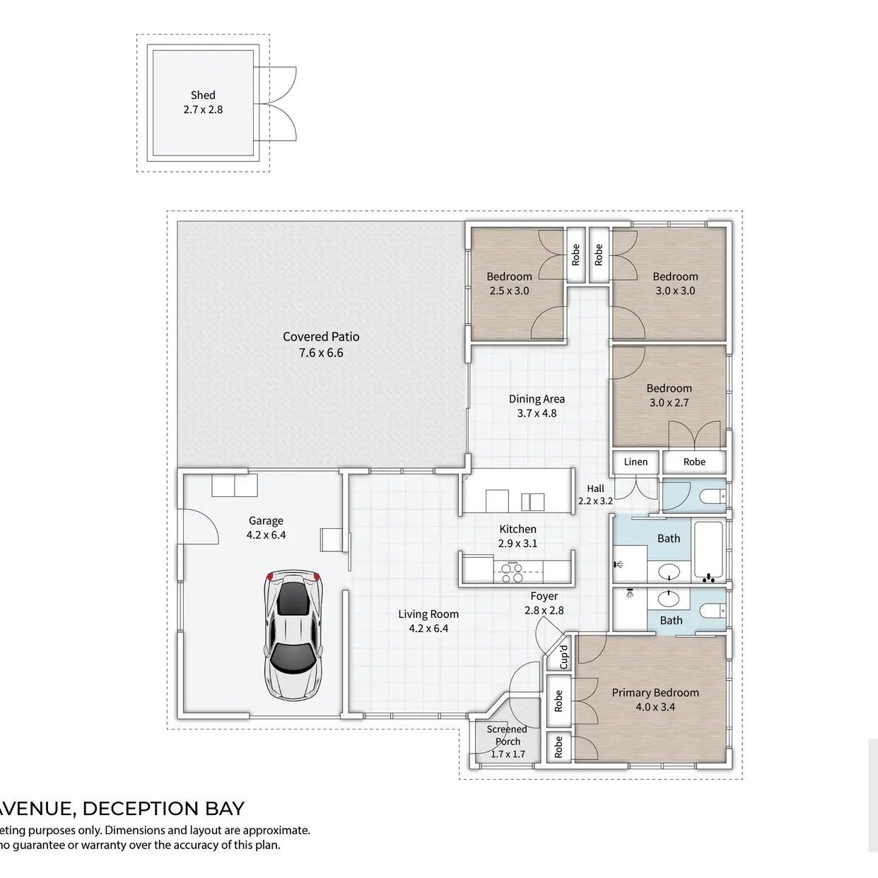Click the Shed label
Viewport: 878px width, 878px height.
click(203, 95)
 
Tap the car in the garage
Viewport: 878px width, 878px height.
click(293, 636)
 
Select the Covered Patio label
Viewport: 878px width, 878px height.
click(321, 336)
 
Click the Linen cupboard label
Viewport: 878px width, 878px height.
click(636, 462)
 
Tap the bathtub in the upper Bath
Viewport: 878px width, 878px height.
click(708, 552)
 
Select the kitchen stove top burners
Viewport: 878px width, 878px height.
click(512, 573)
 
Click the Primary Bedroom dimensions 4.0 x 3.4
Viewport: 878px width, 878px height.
click(655, 707)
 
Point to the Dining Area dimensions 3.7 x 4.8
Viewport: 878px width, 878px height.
click(537, 414)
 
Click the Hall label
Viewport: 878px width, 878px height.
click(595, 488)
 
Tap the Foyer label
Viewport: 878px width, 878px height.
click(544, 597)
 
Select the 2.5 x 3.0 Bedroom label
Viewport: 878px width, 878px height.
click(510, 276)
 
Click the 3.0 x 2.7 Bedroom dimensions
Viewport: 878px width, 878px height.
click(669, 402)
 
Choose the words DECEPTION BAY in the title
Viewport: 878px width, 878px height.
click(163, 809)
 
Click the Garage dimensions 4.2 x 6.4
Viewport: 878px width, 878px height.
click(266, 535)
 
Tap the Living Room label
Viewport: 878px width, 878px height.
click(428, 614)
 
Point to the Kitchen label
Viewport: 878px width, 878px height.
click(517, 529)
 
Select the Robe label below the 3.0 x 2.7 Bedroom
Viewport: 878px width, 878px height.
click(694, 462)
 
